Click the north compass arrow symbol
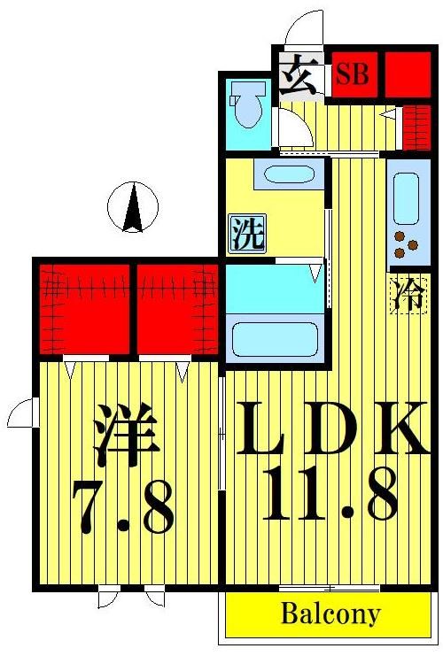click(x=132, y=207)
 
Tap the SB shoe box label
click(x=352, y=75)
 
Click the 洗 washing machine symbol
click(x=247, y=234)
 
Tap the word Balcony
click(x=330, y=614)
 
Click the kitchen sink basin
click(x=406, y=197)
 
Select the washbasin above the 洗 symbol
click(x=289, y=174)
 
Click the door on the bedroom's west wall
click(x=21, y=412)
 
